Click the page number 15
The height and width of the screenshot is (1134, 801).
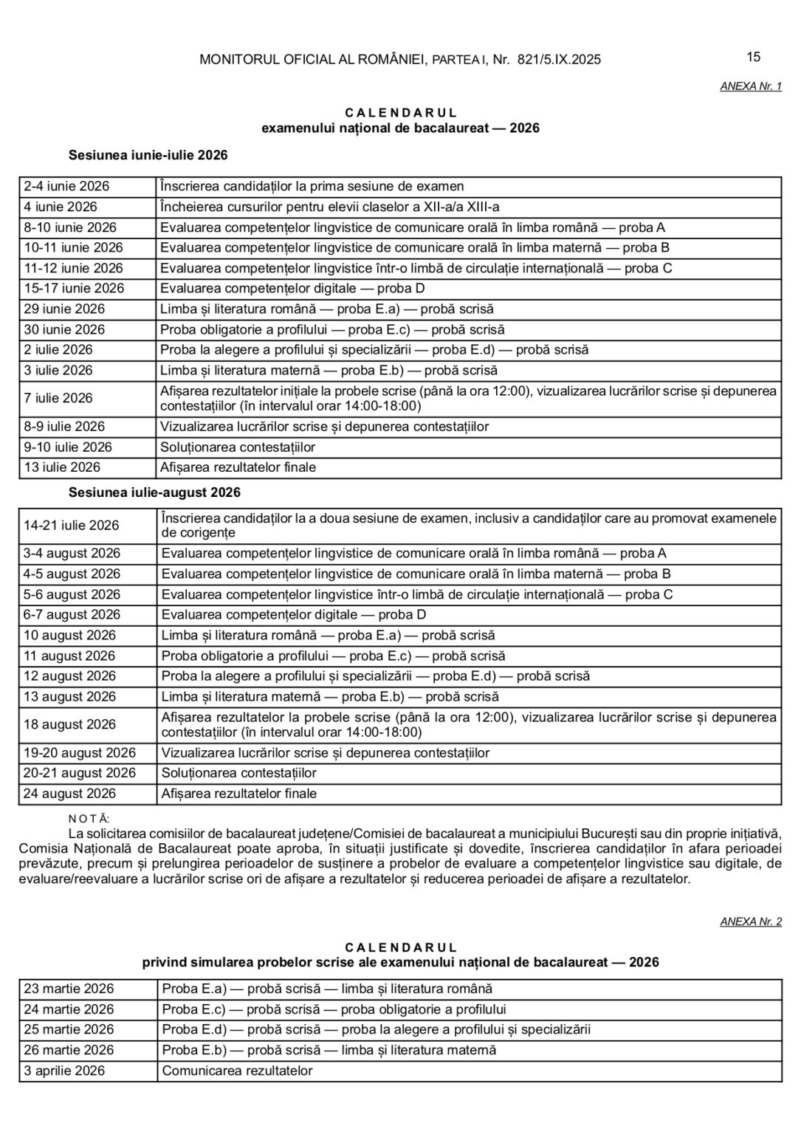(754, 57)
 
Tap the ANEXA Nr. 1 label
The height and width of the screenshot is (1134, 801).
(751, 86)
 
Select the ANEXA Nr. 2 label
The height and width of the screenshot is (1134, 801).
(751, 921)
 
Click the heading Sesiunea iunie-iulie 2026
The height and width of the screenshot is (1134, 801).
(148, 155)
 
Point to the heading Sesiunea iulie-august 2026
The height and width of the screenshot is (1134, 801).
(154, 492)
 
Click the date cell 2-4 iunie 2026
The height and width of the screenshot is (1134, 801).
(66, 186)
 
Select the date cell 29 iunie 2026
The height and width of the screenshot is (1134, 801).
(64, 309)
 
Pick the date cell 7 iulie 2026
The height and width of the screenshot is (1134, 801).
(58, 398)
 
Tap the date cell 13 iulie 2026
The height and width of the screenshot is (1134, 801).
(62, 467)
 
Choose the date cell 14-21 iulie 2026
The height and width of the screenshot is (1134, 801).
(71, 525)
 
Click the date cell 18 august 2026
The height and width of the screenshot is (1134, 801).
(69, 724)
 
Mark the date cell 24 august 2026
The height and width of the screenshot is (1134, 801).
(69, 794)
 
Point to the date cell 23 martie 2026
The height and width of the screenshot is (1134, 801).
(69, 989)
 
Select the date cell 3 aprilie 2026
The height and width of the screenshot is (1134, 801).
(64, 1071)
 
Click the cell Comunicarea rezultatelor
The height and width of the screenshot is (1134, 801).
(237, 1071)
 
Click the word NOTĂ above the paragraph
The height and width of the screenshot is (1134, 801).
(88, 818)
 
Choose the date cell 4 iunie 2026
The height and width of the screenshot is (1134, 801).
(61, 207)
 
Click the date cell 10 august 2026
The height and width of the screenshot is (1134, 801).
(69, 635)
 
